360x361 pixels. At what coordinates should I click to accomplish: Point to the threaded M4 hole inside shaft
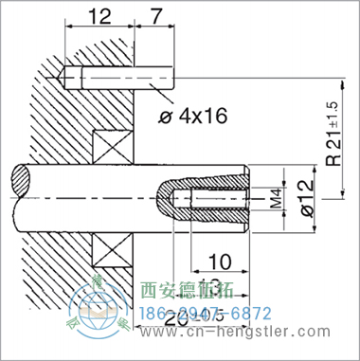tap(216, 200)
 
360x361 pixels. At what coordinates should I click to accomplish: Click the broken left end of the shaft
tap(17, 199)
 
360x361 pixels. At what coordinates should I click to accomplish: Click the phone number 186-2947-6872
tap(205, 313)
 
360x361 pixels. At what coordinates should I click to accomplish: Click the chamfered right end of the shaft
tap(247, 199)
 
